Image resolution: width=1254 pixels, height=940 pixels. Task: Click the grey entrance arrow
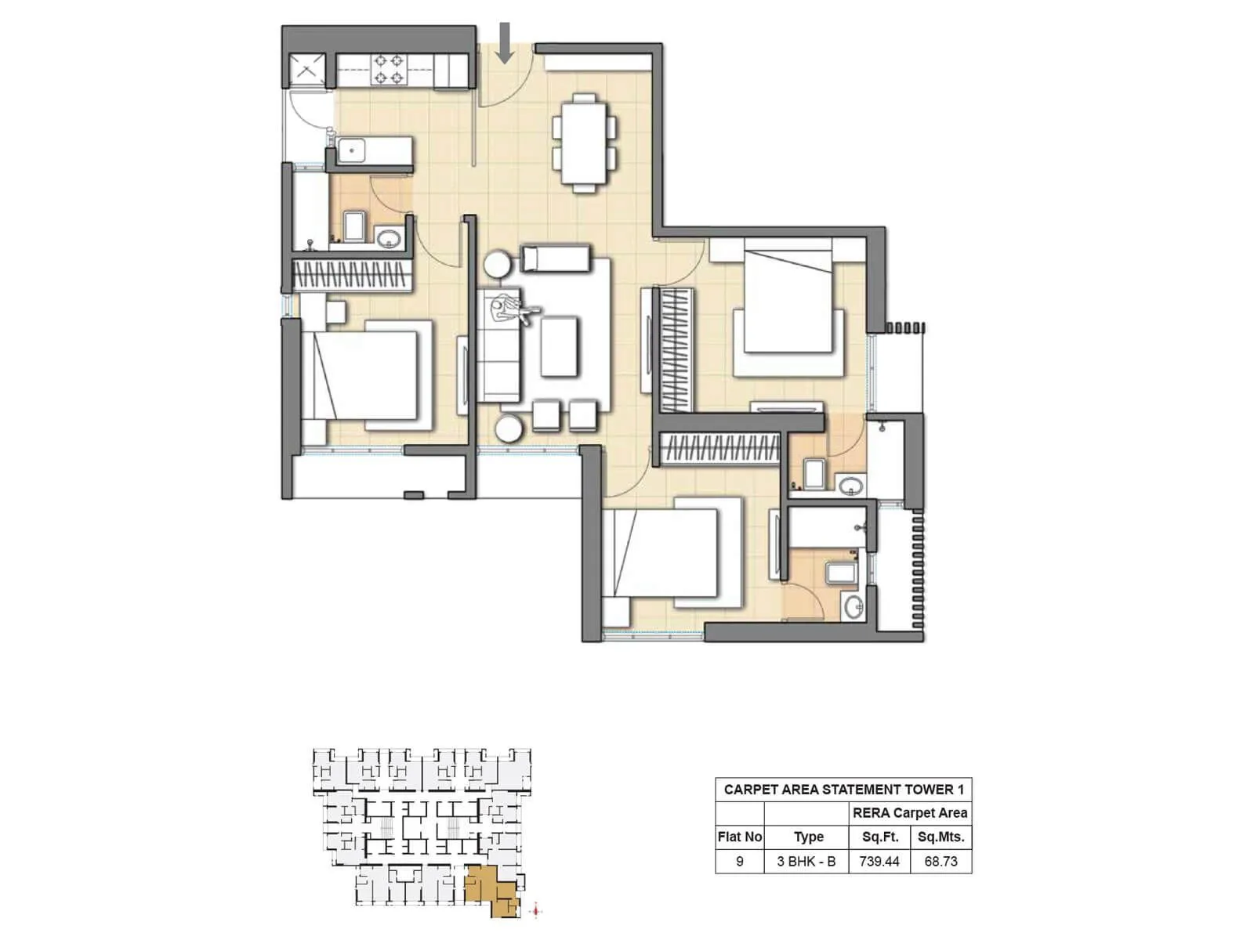point(506,43)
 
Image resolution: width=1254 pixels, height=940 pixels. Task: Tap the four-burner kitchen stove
point(388,69)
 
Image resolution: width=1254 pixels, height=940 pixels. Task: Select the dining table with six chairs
point(584,143)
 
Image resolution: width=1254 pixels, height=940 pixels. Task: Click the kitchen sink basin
point(352,150)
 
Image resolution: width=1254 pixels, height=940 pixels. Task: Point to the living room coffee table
point(559,346)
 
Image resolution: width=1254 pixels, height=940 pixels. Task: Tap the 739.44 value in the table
point(879,862)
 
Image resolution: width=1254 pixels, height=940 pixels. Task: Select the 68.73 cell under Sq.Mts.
point(940,862)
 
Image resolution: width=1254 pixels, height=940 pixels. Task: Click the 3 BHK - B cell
point(806,862)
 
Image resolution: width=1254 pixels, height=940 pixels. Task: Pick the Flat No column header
point(740,837)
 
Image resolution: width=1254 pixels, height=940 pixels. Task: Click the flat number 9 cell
point(740,862)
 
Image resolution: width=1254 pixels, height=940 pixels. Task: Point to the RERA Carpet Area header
point(910,813)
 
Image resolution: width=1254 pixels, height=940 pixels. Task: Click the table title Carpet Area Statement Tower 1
point(843,790)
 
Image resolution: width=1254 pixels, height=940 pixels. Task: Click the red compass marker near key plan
point(536,910)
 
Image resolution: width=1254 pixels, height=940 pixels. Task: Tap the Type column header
point(809,837)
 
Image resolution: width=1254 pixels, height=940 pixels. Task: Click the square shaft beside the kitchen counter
point(306,70)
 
